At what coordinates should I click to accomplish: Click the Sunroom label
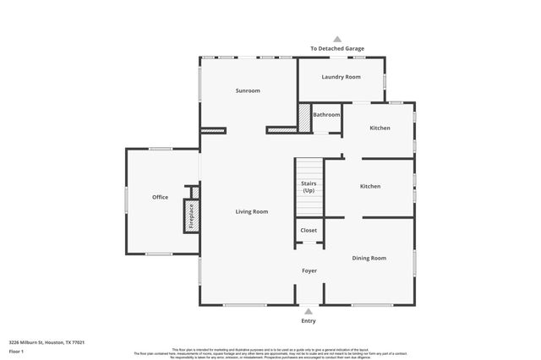(248, 90)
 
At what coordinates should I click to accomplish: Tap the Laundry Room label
(342, 77)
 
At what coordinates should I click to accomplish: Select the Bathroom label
(326, 114)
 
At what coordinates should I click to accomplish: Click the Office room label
(160, 197)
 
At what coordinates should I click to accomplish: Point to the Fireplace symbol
(191, 215)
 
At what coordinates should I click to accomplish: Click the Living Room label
(252, 211)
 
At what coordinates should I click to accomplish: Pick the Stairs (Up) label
(309, 187)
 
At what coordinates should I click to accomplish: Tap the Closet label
(309, 230)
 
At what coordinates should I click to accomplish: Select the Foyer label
(309, 270)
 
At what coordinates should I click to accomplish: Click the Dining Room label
(369, 258)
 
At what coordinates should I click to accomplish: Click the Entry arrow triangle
(309, 312)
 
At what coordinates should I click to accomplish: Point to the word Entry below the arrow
(309, 321)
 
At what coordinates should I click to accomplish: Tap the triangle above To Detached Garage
(337, 39)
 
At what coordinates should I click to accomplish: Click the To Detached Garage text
(337, 49)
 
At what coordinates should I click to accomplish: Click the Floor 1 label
(17, 351)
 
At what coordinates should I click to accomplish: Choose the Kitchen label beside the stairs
(370, 186)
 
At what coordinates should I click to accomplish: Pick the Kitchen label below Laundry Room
(380, 128)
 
